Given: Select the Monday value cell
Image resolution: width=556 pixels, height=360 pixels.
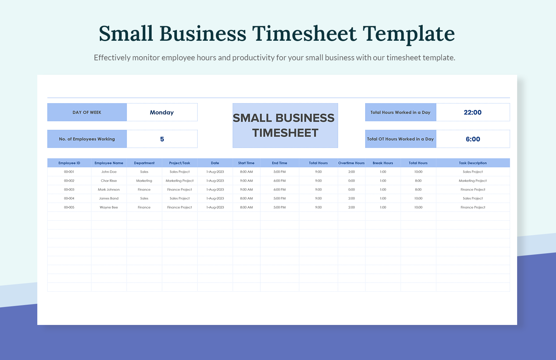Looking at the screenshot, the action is tap(162, 112).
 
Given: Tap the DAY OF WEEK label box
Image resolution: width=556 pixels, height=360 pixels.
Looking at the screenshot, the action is tap(87, 112).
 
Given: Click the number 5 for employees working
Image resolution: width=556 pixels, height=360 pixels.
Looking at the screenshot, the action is tap(162, 139).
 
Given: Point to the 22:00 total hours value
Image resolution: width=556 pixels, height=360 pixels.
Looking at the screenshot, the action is tap(473, 112).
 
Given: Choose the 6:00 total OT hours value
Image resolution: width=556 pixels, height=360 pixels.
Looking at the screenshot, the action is tap(473, 139).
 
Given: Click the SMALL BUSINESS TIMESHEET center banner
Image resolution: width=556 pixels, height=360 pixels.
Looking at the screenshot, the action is tap(285, 125).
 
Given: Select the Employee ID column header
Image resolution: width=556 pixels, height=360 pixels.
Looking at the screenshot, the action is tap(69, 163).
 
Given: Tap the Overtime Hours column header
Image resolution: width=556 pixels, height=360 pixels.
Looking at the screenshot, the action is tap(351, 163).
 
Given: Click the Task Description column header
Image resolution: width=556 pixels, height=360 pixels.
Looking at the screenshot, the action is tap(473, 163).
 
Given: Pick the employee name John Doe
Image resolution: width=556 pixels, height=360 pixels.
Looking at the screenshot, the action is tap(109, 172).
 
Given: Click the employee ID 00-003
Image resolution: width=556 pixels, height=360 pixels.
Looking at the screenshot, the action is tap(69, 189).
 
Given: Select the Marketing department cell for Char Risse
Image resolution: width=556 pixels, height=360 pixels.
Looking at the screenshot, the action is tap(144, 181).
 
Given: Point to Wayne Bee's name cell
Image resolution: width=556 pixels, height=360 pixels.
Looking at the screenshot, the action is tap(109, 207).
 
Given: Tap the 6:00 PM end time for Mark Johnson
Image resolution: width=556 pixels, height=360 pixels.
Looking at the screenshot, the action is tap(280, 189).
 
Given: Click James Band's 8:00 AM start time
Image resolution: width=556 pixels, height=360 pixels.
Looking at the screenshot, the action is tap(246, 198).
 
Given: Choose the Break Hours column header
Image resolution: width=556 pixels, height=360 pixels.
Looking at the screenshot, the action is tap(383, 163).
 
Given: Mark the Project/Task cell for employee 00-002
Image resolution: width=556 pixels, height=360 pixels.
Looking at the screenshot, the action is tap(179, 181).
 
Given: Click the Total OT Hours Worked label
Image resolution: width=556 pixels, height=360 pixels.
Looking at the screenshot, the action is tap(401, 139).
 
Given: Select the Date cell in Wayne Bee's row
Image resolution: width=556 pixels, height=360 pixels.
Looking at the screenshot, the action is tap(215, 207).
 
